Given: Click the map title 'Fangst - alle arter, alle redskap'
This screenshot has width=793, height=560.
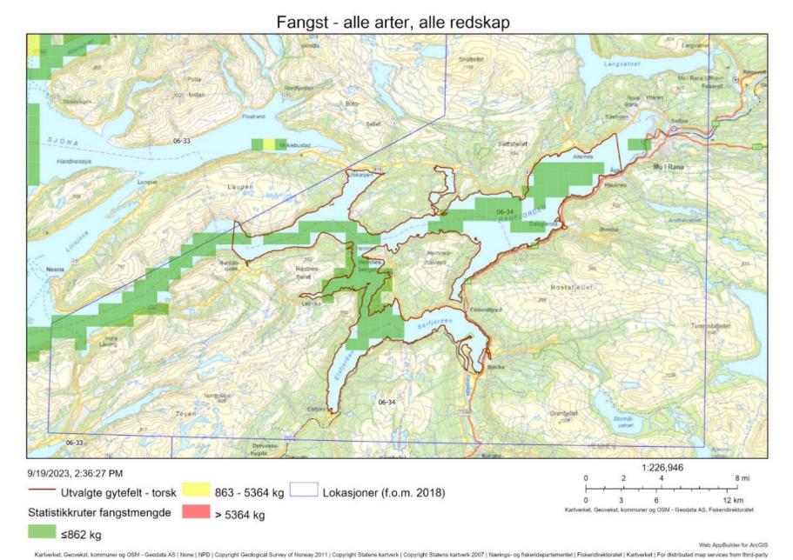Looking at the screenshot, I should (396, 19).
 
